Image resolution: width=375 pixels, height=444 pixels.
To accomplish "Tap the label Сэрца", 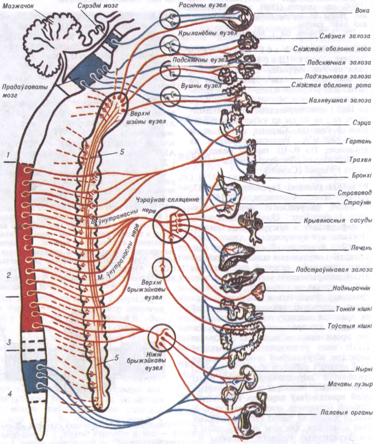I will coord(363,122).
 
